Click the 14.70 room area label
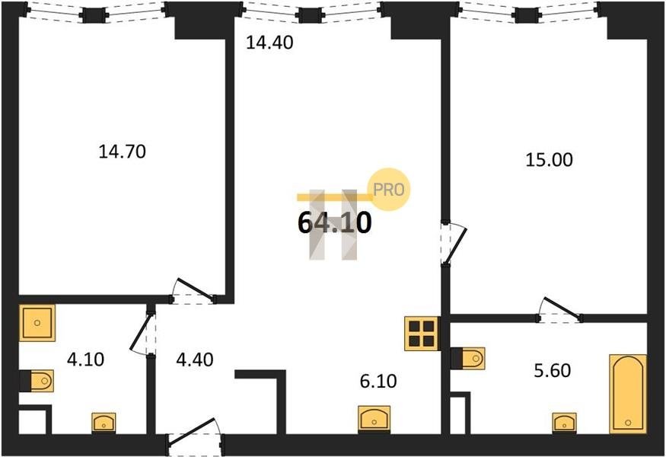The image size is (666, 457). pos(122,152)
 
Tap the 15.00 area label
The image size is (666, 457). pos(549,160)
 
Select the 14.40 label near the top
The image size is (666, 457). pos(269,43)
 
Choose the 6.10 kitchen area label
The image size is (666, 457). pos(378,379)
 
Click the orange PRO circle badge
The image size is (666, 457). pos(389,190)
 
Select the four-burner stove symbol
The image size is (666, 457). pos(421,332)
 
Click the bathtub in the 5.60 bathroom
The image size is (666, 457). pos(628,393)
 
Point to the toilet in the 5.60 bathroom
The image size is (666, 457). pos(467,357)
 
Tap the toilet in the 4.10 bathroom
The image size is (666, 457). pos(37,379)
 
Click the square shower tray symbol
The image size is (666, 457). pos(37,323)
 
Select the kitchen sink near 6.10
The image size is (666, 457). pos(374,419)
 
